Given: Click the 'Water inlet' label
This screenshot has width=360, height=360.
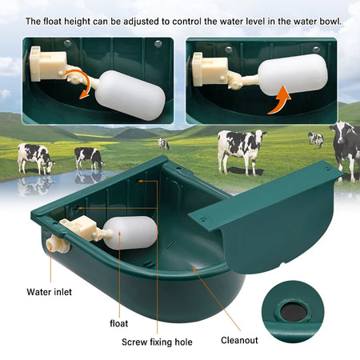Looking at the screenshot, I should point(50,292).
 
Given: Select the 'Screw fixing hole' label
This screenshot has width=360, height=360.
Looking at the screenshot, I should point(157,341).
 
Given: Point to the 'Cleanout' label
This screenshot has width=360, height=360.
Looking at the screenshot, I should point(239,340).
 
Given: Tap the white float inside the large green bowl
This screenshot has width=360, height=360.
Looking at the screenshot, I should point(130,238).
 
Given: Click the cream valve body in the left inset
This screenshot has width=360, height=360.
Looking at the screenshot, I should point(46,64).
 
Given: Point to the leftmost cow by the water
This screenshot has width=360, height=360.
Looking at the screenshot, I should point(35,157).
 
